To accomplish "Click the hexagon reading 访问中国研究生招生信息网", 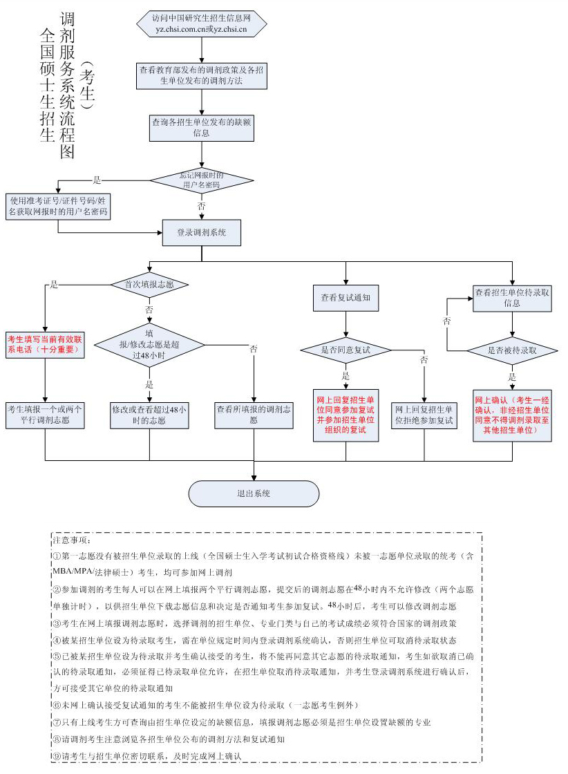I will [201, 23].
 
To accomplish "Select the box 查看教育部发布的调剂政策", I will [201, 75].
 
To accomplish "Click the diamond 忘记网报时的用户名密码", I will [201, 180].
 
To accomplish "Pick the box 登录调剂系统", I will [201, 232].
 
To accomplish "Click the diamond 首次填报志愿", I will [149, 284].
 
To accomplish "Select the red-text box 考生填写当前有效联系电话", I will [44, 345].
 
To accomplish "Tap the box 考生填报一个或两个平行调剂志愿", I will [44, 414].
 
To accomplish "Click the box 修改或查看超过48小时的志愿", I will [149, 414].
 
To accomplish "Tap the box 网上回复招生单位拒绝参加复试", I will [424, 414].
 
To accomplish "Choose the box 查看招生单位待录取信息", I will [512, 298].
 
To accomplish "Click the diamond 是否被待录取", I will [512, 351].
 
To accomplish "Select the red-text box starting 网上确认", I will [512, 415].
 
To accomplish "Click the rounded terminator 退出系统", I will [254, 493].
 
